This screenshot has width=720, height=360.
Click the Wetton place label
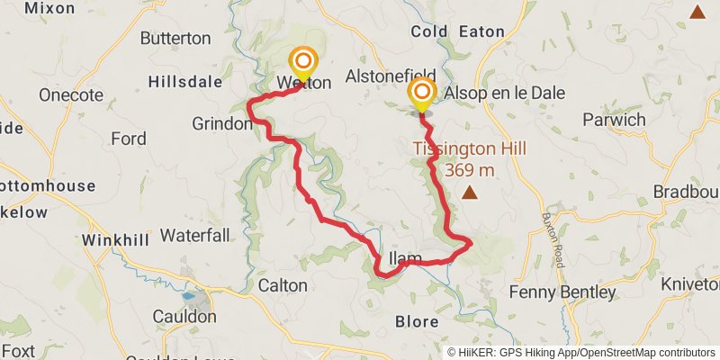click(305, 83)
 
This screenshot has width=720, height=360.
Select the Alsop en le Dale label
click(491, 92)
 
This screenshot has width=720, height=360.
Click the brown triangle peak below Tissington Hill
click(470, 192)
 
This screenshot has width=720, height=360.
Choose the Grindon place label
click(221, 124)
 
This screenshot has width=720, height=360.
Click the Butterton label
click(175, 39)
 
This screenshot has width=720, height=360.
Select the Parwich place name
click(614, 120)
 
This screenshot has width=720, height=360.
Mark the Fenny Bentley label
click(562, 292)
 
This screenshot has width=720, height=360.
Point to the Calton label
click(283, 285)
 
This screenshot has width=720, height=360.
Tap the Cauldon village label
click(184, 317)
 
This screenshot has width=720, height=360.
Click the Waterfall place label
click(195, 236)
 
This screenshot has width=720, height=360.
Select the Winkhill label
click(112, 240)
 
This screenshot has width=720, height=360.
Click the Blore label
click(417, 321)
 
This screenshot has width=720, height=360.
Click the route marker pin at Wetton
click(303, 63)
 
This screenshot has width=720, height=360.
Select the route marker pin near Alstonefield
click(420, 94)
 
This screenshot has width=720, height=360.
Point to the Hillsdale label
click(184, 81)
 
